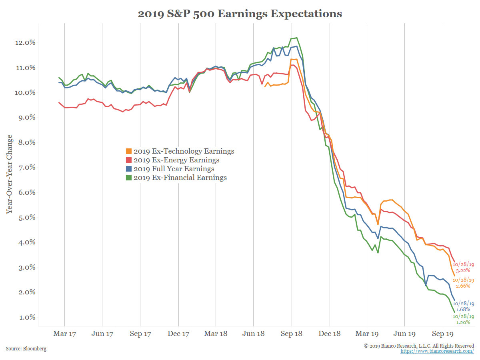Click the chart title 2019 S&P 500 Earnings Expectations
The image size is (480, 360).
click(x=240, y=14)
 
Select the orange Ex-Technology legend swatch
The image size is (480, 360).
click(x=129, y=151)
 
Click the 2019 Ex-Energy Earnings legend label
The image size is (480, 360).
click(x=176, y=160)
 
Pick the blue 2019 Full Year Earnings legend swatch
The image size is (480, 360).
click(x=129, y=169)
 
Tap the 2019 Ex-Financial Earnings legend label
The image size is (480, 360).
click(x=180, y=178)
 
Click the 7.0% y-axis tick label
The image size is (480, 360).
click(x=26, y=167)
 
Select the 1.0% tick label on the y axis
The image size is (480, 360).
click(x=26, y=317)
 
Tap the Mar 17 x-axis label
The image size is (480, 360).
click(x=64, y=334)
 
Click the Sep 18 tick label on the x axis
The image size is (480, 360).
click(x=291, y=334)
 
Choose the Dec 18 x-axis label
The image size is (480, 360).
click(x=329, y=334)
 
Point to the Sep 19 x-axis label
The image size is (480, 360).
click(x=442, y=334)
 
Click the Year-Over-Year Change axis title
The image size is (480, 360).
click(x=9, y=174)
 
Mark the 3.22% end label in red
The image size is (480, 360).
click(x=463, y=270)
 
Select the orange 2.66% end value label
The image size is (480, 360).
click(x=463, y=286)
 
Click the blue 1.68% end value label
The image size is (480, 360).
click(x=463, y=309)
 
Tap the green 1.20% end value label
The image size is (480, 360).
click(x=463, y=322)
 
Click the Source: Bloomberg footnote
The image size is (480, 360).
click(x=26, y=349)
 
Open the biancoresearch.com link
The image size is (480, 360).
click(x=437, y=351)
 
